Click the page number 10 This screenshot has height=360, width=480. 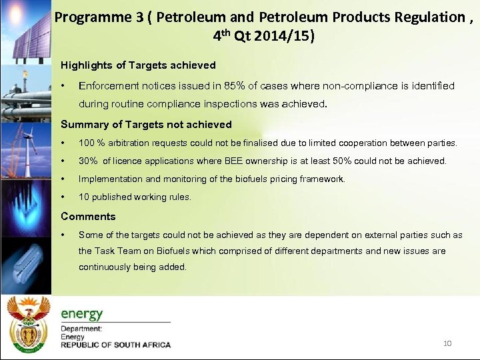(447, 343)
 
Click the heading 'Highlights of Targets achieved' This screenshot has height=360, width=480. (138, 65)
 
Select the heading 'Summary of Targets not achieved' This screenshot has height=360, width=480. (146, 125)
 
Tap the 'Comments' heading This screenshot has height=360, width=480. (88, 217)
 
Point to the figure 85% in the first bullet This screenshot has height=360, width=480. (235, 86)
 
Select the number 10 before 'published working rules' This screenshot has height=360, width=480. (84, 197)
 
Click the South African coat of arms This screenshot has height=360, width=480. (27, 323)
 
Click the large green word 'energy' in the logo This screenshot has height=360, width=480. (82, 313)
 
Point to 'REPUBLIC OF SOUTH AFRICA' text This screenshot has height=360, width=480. (115, 345)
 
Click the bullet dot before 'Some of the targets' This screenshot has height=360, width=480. (63, 235)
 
